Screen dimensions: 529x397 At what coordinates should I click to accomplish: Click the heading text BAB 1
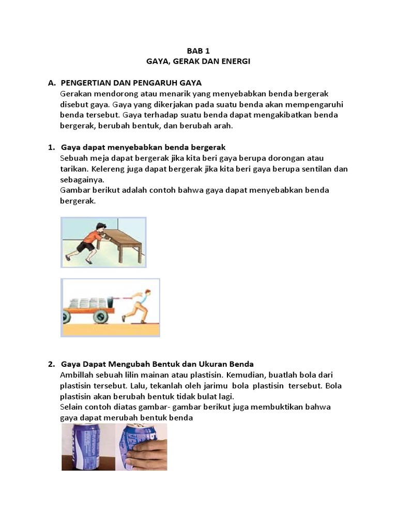(198, 51)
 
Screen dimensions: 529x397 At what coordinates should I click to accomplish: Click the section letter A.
(51, 83)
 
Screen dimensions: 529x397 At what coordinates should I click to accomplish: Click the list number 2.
(51, 364)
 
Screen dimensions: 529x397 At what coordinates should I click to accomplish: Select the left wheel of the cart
(71, 315)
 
